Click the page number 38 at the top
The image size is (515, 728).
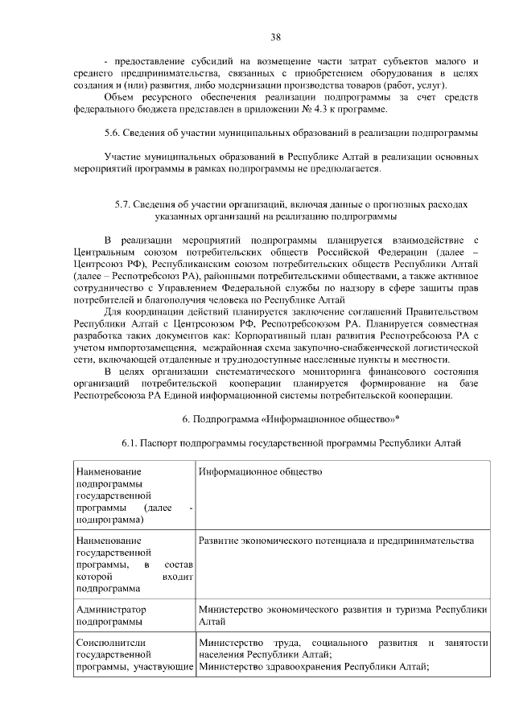276,37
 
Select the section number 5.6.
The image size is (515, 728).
114,132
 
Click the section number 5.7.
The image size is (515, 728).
125,204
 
